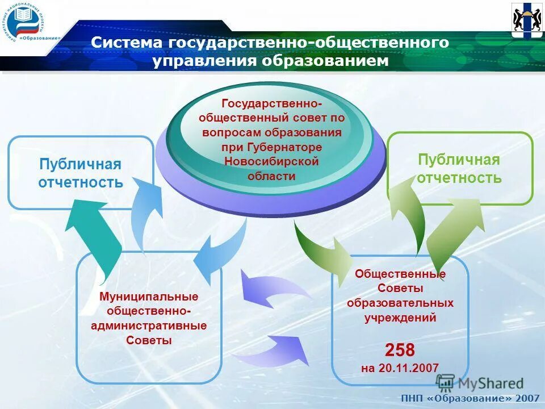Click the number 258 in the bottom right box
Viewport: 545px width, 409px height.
point(400,349)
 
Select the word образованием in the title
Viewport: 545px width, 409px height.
point(325,61)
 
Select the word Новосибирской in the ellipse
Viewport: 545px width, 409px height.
point(271,161)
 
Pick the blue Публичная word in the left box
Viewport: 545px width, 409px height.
point(80,165)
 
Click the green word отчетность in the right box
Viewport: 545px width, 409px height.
point(459,178)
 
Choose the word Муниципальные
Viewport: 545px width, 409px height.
point(149,297)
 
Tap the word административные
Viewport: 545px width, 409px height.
point(149,326)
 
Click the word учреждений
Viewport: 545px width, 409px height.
point(400,318)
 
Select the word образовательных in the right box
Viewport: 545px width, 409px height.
point(400,303)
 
